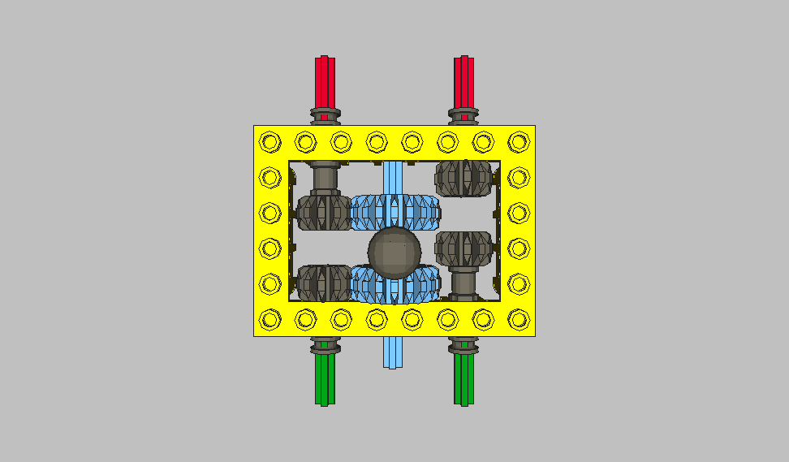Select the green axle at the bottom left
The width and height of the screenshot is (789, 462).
click(324, 380)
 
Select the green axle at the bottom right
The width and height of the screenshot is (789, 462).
click(463, 380)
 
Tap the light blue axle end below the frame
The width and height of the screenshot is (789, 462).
click(393, 352)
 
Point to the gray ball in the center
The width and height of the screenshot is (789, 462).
click(394, 252)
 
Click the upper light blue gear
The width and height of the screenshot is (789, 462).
click(395, 212)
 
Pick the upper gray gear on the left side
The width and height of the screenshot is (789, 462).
click(323, 212)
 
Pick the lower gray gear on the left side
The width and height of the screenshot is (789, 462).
click(323, 283)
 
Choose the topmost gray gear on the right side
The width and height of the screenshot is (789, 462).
click(464, 178)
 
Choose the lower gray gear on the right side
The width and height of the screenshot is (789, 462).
click(464, 248)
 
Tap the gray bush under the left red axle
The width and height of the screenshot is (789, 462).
click(324, 114)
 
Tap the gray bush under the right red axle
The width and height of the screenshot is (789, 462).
click(463, 114)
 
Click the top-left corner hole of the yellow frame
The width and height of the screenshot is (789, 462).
click(269, 142)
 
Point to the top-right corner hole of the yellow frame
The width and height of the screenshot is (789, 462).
click(518, 142)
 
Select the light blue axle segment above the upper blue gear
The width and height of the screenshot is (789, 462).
click(393, 177)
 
